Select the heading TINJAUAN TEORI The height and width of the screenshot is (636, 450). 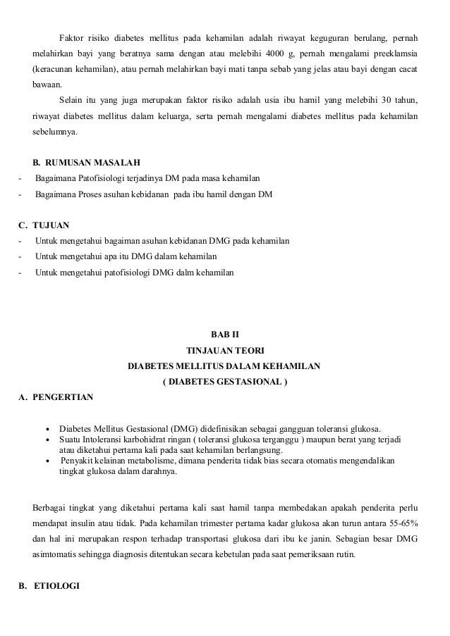(225, 350)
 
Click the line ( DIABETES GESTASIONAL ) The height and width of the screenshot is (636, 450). (225, 382)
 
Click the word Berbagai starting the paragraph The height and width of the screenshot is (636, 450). (52, 508)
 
